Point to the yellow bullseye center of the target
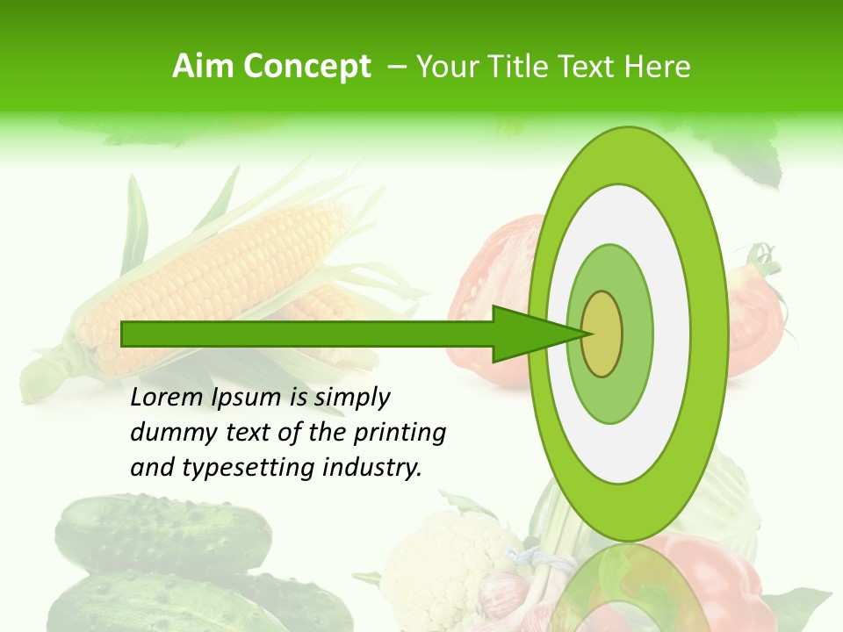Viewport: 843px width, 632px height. point(602,333)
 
